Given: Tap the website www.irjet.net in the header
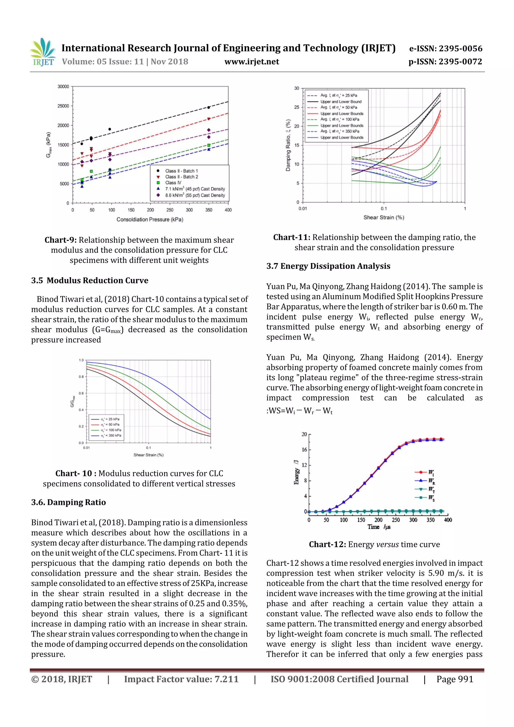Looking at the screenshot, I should tap(252, 62).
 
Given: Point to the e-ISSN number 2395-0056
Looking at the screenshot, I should tap(445, 48).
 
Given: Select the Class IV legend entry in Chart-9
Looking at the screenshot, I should tap(173, 183).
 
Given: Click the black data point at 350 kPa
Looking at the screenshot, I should tap(208, 108).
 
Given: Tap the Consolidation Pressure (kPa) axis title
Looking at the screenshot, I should tap(150, 219).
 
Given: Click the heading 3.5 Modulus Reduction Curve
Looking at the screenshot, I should tap(90, 281).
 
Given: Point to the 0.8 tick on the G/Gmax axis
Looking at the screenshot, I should tap(81, 377).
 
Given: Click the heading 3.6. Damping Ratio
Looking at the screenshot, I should tap(69, 502).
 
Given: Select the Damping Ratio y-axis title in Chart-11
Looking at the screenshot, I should tap(288, 145).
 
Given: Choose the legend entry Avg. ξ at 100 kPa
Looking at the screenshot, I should tap(339, 119).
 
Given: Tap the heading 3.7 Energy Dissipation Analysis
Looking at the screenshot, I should tap(328, 266).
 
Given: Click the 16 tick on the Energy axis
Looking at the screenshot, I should tap(304, 450).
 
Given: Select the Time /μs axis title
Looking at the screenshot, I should tap(379, 527).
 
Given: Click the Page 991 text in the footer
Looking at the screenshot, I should tap(455, 679).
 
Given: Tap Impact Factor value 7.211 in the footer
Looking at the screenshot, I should tap(181, 679).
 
